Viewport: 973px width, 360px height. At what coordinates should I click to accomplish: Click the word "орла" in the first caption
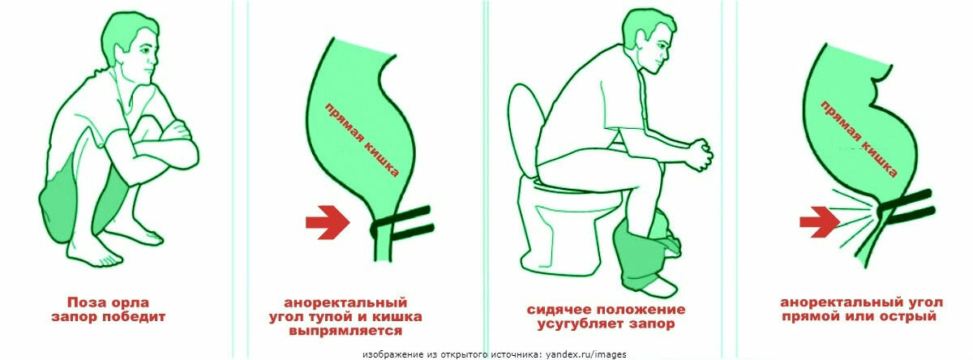click(129, 302)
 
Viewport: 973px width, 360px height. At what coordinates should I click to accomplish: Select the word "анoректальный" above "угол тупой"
click(345, 302)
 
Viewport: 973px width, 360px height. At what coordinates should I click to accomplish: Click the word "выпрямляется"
click(345, 331)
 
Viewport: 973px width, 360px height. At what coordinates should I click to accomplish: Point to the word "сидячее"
click(559, 310)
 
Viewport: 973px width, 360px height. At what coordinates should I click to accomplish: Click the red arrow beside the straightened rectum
click(328, 222)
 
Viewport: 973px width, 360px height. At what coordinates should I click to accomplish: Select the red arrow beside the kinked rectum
click(820, 222)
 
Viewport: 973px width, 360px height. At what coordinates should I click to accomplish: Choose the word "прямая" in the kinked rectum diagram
click(838, 121)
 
